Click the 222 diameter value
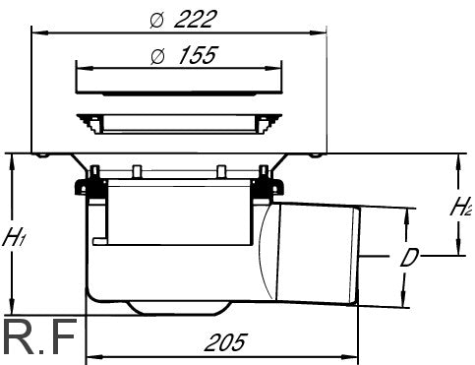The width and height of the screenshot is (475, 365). click(196, 20)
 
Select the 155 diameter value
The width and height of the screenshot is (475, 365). click(198, 55)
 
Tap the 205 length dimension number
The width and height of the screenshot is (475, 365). click(225, 342)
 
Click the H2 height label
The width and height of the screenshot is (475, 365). click(461, 206)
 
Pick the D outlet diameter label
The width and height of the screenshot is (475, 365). click(409, 258)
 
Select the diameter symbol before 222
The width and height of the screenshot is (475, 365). click(156, 20)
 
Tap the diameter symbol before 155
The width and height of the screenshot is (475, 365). click(157, 56)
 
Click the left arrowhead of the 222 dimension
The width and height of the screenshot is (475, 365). click(40, 32)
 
